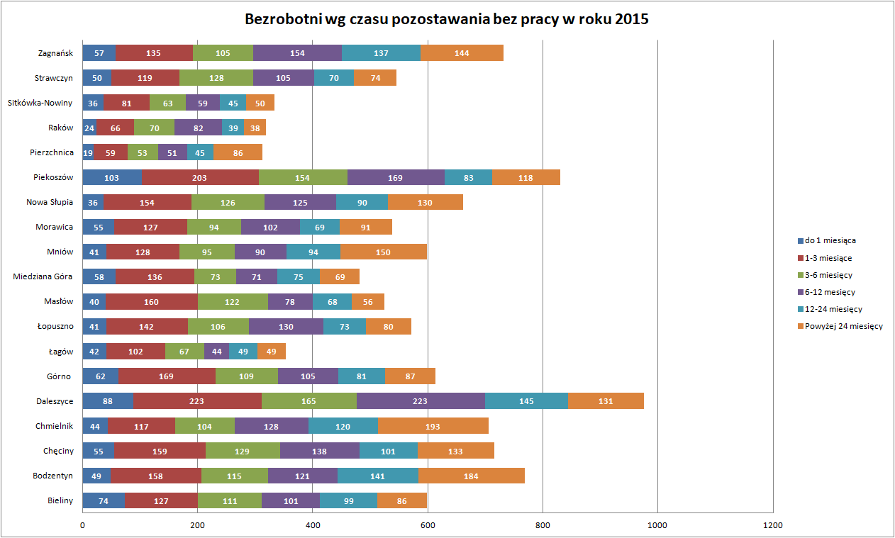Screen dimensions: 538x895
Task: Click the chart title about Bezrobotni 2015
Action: [x=447, y=19]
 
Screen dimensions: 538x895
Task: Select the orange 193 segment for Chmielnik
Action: [x=433, y=426]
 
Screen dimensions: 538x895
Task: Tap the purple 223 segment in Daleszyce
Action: [x=420, y=401]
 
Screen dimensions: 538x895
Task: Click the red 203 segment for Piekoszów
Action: [x=200, y=177]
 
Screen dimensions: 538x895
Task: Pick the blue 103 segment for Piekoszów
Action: [x=112, y=177]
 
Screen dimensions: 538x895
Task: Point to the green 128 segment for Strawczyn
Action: [x=216, y=78]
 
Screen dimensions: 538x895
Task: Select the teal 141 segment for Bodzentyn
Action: [x=378, y=476]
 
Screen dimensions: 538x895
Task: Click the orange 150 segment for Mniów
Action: [x=384, y=252]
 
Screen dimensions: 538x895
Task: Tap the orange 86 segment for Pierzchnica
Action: [x=238, y=152]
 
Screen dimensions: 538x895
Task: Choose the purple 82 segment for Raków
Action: [x=198, y=128]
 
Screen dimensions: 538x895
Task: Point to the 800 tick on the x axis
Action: [x=543, y=525]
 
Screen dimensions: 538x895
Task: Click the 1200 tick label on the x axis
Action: [x=772, y=525]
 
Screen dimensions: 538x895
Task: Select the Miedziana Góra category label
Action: [x=43, y=276]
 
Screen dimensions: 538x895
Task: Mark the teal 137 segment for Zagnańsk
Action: [x=382, y=53]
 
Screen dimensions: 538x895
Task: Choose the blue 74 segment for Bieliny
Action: [x=104, y=500]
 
